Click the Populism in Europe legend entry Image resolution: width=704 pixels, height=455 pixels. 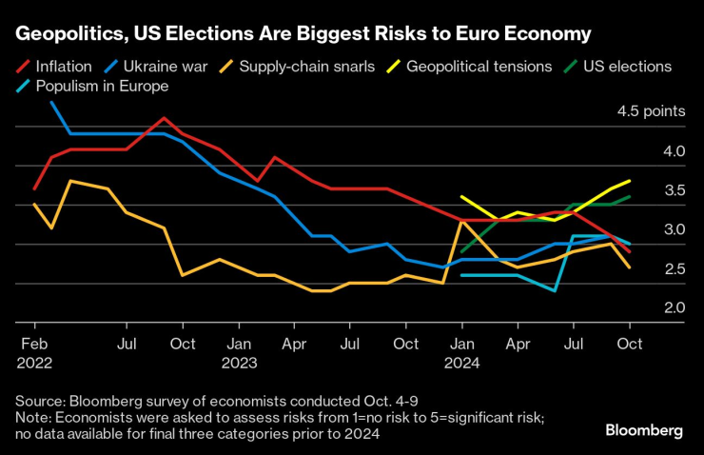[101, 87]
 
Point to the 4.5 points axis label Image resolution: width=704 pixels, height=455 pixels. [651, 111]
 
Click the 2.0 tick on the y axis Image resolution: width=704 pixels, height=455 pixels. [675, 308]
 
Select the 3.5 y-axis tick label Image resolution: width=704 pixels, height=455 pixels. [675, 190]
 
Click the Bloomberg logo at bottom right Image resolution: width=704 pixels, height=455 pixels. [644, 430]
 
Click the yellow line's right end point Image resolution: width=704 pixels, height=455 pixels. [629, 181]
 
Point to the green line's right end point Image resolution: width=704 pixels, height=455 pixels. [629, 197]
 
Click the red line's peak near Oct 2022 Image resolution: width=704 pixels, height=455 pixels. [165, 118]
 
